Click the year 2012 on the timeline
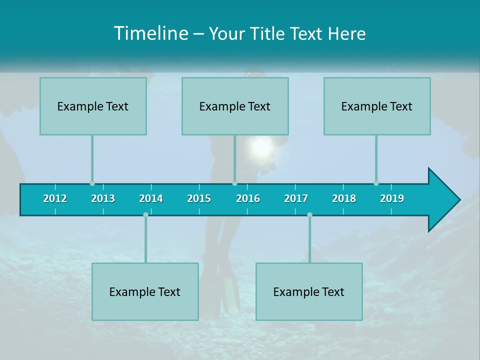point(55,198)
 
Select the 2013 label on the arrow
point(103,198)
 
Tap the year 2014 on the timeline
point(151,198)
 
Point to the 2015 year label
point(199,198)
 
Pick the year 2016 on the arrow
point(248,198)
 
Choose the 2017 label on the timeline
point(296,198)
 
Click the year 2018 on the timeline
point(344,198)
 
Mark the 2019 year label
point(392,198)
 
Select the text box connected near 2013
point(93,106)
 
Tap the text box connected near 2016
point(235,106)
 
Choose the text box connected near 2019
point(377,106)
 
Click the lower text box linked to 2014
point(145,291)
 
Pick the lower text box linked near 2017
point(309,291)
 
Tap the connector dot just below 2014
point(145,215)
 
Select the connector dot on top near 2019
point(376,183)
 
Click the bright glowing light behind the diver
point(260,147)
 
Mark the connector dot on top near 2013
point(92,183)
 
